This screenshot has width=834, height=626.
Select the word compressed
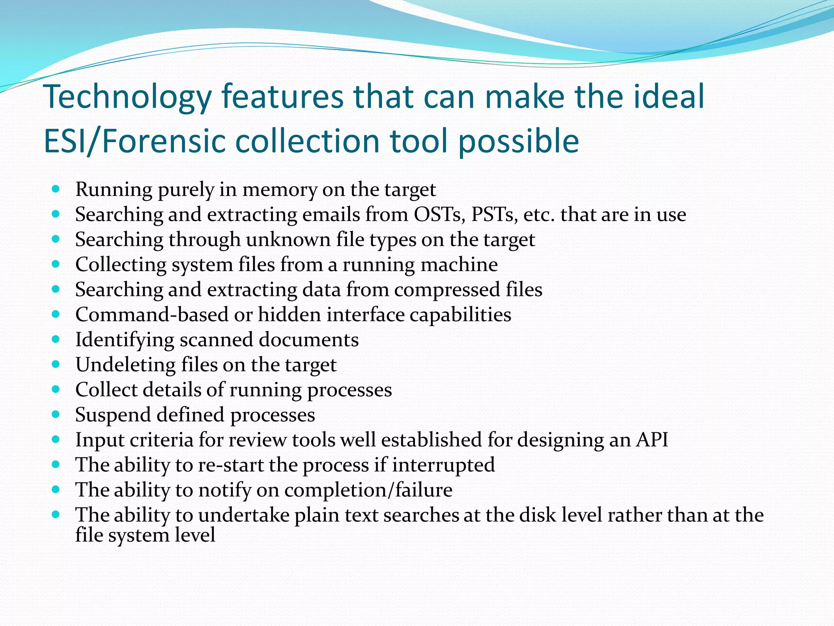(x=447, y=290)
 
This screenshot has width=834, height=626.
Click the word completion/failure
(x=368, y=490)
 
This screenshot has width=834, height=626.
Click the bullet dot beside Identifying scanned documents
(x=56, y=339)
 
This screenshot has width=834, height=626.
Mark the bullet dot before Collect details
(x=56, y=389)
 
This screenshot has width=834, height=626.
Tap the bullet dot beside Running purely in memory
(x=56, y=189)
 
